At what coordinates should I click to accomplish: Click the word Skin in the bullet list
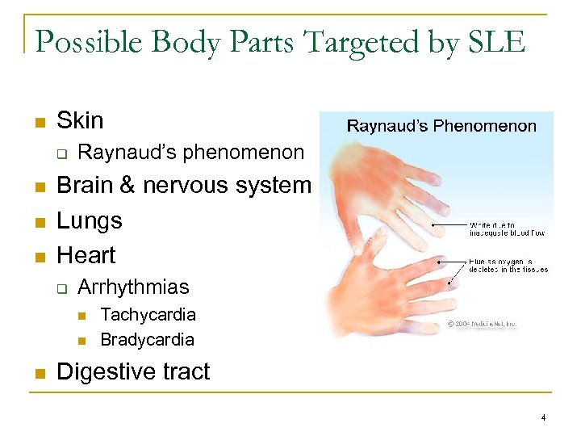[80, 121]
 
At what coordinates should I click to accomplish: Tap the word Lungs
[89, 220]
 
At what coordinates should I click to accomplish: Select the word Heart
[86, 255]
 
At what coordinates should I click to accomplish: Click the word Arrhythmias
[133, 287]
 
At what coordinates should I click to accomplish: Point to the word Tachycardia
[148, 314]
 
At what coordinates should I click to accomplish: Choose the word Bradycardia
[147, 340]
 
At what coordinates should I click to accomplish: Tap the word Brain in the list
[86, 186]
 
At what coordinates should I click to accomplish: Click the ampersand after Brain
[127, 186]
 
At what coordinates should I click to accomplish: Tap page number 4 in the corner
[544, 417]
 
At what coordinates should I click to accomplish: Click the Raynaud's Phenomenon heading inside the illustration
[441, 126]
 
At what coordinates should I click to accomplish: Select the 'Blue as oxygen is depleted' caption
[508, 265]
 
